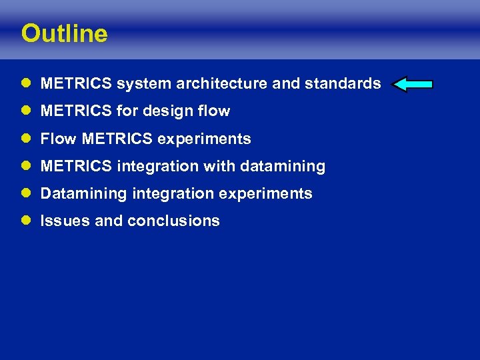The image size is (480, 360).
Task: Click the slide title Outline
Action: tap(64, 33)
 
